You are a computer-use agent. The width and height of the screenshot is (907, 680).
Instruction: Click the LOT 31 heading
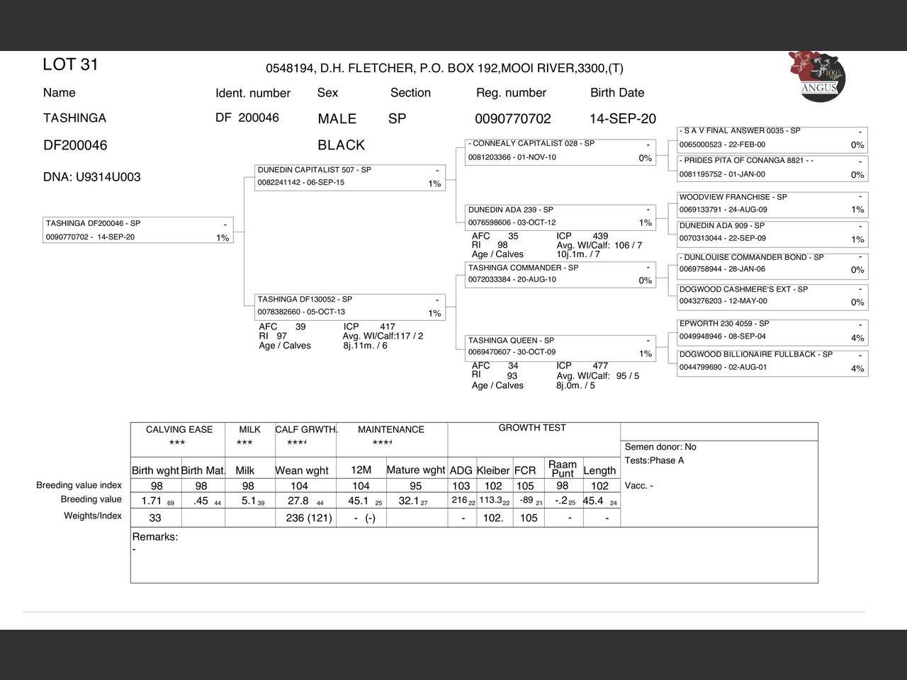coord(70,64)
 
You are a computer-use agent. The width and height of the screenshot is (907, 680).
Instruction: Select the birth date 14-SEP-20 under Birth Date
coord(622,119)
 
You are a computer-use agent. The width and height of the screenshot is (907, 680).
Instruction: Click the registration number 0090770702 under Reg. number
coord(512,119)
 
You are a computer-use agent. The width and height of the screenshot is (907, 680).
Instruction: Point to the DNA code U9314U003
coord(91,177)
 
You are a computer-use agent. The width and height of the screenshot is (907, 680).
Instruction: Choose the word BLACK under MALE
coord(341,145)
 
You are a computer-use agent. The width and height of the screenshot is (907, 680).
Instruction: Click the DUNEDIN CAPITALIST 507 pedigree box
coord(350,177)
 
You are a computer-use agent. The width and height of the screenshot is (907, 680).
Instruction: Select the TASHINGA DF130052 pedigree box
coord(350,306)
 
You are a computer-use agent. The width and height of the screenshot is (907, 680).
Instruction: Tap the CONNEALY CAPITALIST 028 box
coord(560,151)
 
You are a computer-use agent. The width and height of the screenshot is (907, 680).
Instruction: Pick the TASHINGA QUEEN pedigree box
coord(560,346)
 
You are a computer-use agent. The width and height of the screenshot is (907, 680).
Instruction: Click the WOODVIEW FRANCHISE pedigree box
coord(772,203)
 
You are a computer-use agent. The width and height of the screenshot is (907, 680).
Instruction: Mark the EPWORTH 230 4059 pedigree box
coord(772,330)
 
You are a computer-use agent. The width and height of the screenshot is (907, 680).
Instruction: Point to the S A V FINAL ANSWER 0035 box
coord(772,138)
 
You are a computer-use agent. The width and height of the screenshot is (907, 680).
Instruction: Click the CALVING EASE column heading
coord(179,429)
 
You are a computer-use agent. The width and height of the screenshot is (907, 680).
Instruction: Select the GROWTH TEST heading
coord(532,428)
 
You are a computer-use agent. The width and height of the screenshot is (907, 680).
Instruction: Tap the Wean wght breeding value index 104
coord(300,486)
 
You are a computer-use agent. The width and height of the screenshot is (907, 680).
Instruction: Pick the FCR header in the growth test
coord(525,470)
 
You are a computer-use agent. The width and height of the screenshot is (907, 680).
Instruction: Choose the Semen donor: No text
coord(660,447)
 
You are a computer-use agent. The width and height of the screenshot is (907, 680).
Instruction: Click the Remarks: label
coord(155,537)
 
